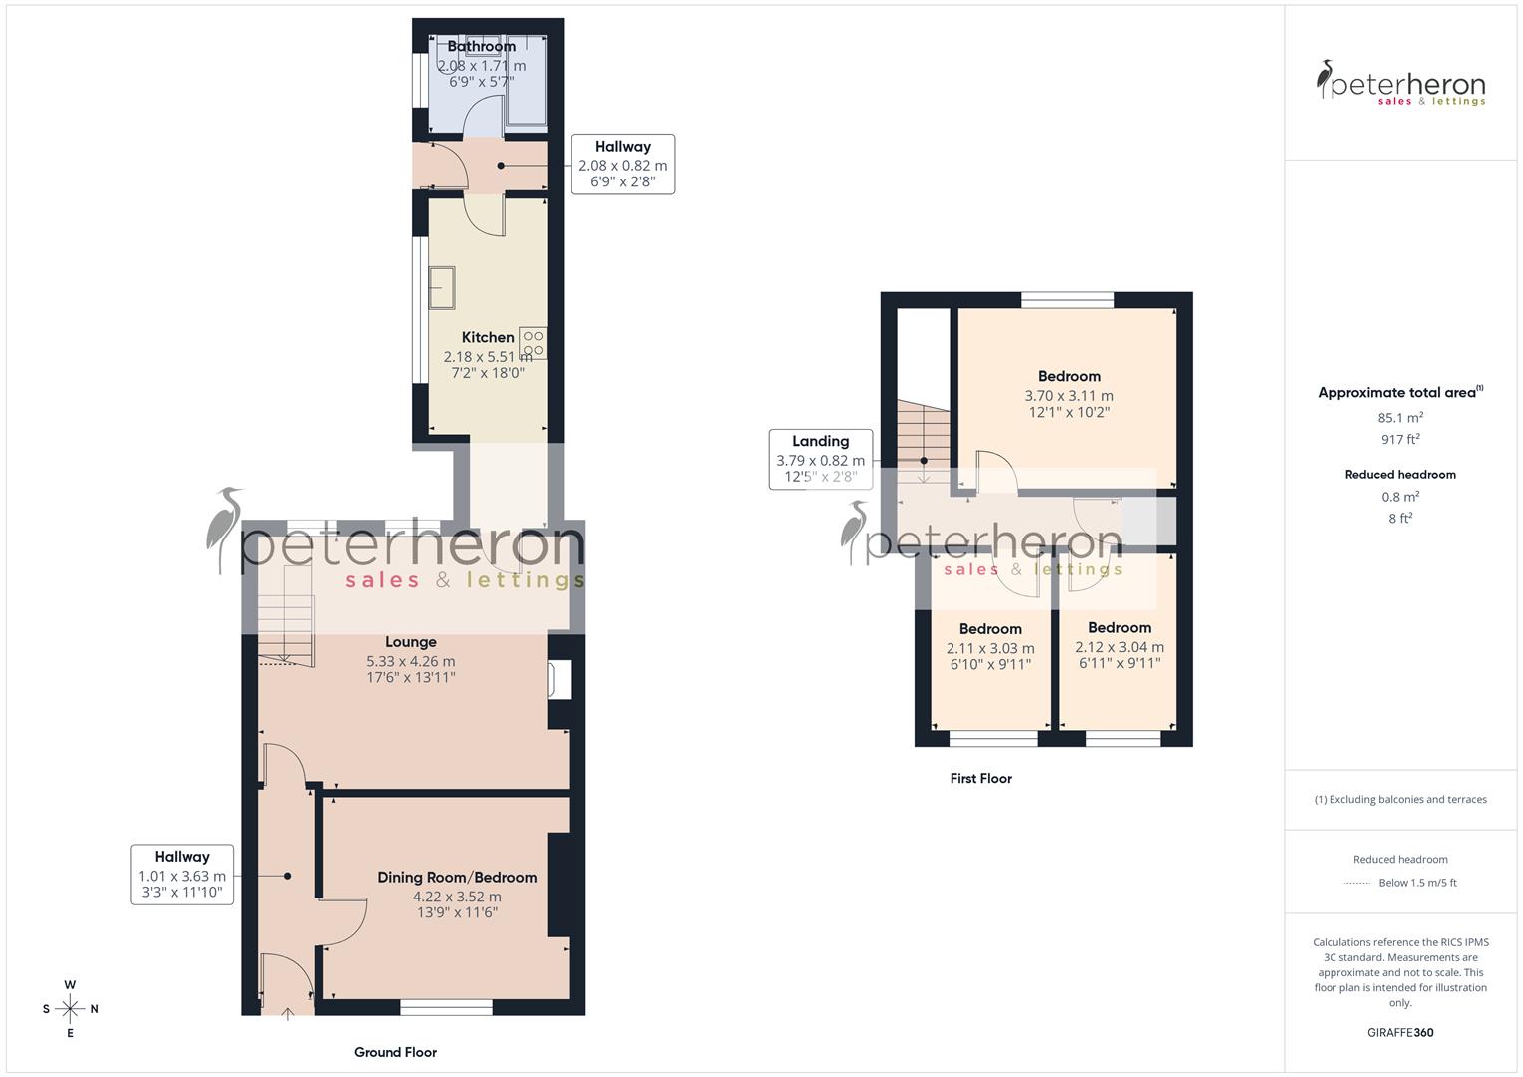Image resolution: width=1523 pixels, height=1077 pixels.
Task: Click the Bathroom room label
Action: pyautogui.click(x=481, y=46)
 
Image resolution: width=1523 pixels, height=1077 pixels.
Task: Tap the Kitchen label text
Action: pyautogui.click(x=488, y=337)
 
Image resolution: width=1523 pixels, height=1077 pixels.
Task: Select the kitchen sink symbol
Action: pyautogui.click(x=441, y=287)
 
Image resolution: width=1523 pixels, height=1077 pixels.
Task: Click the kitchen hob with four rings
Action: pyautogui.click(x=533, y=343)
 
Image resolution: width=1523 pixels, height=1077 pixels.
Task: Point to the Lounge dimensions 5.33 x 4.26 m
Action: pyautogui.click(x=410, y=661)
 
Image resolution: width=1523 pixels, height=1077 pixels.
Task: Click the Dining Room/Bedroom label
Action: pyautogui.click(x=457, y=877)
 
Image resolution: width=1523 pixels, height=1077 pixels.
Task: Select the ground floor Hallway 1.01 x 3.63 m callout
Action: pyautogui.click(x=182, y=875)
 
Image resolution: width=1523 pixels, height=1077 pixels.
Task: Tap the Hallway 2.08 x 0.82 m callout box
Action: pyautogui.click(x=622, y=164)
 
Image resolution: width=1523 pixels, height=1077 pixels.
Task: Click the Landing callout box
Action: pyautogui.click(x=820, y=459)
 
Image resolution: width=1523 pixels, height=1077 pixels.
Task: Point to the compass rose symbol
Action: pyautogui.click(x=70, y=1009)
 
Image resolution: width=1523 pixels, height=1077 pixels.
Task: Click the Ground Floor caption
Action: pyautogui.click(x=395, y=1052)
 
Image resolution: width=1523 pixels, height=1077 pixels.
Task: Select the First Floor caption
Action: pyautogui.click(x=980, y=778)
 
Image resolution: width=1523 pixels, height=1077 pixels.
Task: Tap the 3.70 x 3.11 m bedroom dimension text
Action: pyautogui.click(x=1069, y=395)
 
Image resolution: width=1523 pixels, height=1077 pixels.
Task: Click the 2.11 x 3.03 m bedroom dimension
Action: pyautogui.click(x=990, y=648)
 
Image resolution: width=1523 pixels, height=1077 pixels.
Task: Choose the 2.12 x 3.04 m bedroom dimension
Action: pyautogui.click(x=1119, y=646)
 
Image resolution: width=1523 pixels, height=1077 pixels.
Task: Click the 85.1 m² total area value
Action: pyautogui.click(x=1400, y=418)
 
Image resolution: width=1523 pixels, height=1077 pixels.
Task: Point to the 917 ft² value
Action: pyautogui.click(x=1400, y=439)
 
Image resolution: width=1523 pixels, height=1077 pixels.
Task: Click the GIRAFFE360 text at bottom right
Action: pyautogui.click(x=1400, y=1032)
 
